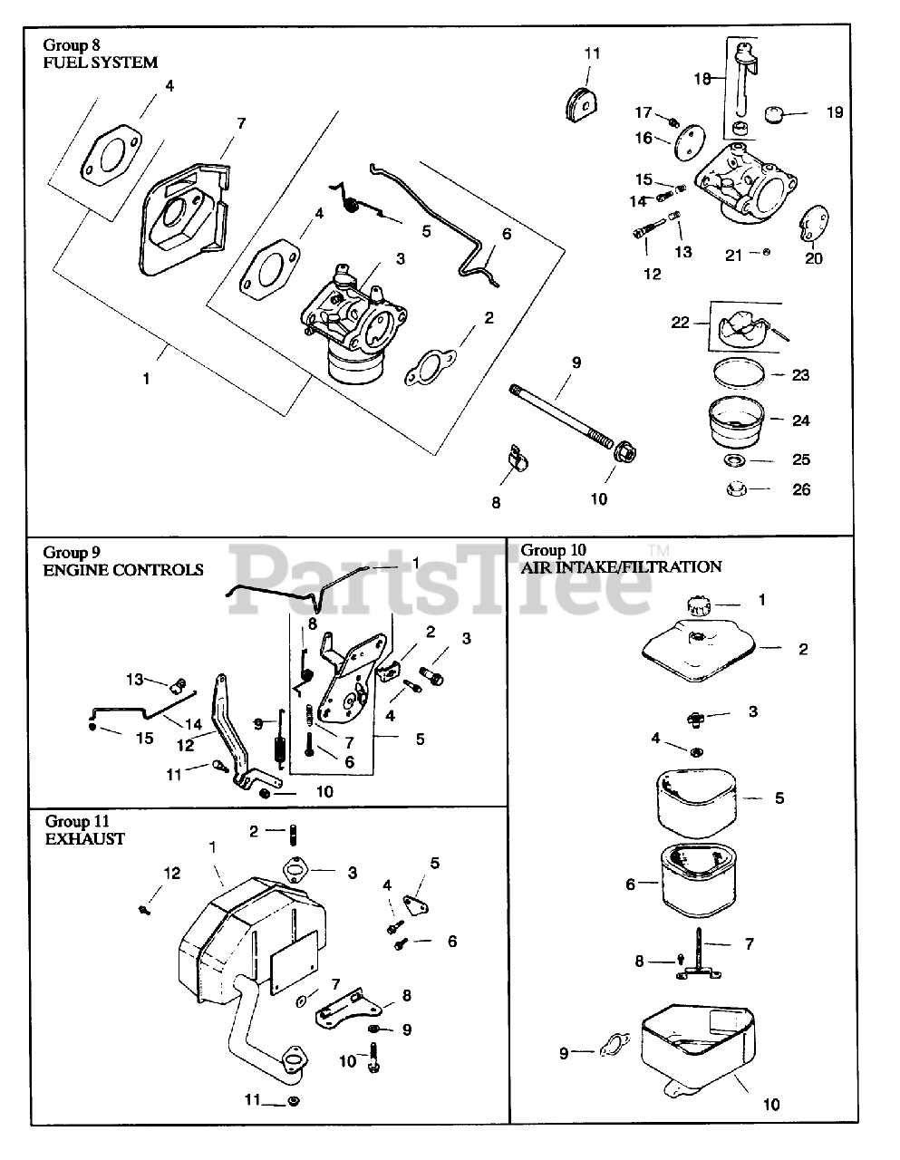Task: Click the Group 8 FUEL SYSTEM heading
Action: (101, 53)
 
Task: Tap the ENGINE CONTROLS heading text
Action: (123, 570)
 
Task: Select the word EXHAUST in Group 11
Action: (85, 839)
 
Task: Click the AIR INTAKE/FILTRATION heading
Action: (622, 567)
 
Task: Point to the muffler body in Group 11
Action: (251, 940)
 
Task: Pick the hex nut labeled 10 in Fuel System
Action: (624, 453)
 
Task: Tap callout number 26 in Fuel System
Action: (801, 489)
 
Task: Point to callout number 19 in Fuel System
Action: (835, 112)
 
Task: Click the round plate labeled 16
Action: (690, 141)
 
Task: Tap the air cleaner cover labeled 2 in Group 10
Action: (700, 651)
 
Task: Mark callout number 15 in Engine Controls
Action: (145, 739)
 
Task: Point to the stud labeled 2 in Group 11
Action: (293, 835)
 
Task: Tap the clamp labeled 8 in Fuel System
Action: (517, 458)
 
